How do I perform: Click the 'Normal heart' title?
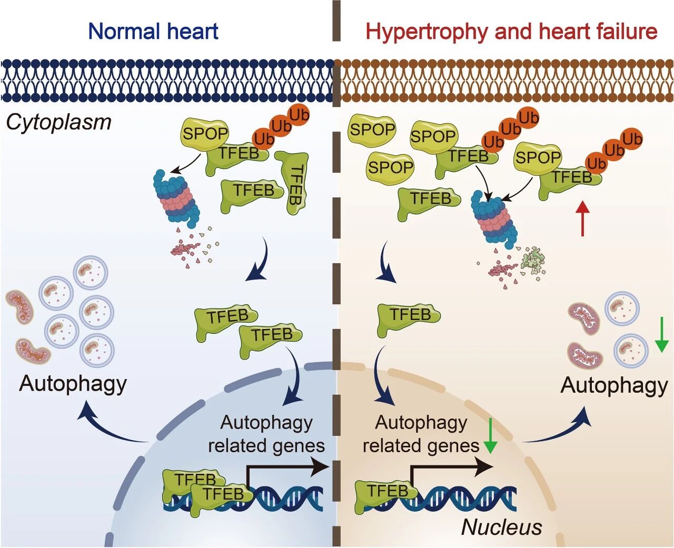pyautogui.click(x=153, y=32)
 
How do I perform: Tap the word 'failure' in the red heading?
pyautogui.click(x=626, y=32)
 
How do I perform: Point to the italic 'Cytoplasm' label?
pyautogui.click(x=58, y=122)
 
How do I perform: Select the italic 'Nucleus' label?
pyautogui.click(x=501, y=527)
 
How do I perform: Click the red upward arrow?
pyautogui.click(x=582, y=220)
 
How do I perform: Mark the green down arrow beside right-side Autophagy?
pyautogui.click(x=661, y=335)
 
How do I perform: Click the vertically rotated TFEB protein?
pyautogui.click(x=292, y=182)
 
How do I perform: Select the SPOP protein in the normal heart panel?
pyautogui.click(x=204, y=134)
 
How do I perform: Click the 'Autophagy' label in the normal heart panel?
pyautogui.click(x=73, y=383)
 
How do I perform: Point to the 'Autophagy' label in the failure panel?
pyautogui.click(x=614, y=385)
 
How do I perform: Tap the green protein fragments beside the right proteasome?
pyautogui.click(x=533, y=261)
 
